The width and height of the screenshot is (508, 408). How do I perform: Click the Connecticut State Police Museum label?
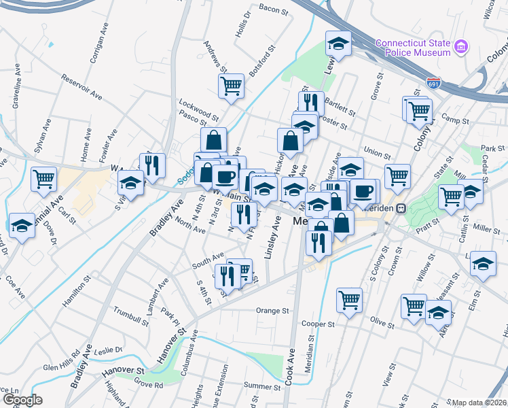[x=413, y=48]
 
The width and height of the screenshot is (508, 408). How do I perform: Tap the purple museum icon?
[x=461, y=47]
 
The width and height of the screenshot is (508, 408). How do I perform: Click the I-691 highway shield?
[x=433, y=83]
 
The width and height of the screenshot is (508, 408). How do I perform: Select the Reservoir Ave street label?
[x=81, y=88]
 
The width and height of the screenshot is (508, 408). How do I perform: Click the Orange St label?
[x=272, y=311]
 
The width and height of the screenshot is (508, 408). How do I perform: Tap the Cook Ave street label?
[x=290, y=368]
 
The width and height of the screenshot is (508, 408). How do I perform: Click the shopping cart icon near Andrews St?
[x=231, y=86]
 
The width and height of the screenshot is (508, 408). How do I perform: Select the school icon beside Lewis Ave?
[x=338, y=44]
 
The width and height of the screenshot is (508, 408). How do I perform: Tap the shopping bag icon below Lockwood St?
[x=213, y=140]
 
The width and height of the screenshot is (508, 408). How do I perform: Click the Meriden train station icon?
[x=401, y=208]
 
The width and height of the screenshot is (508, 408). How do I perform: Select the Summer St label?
[x=257, y=386]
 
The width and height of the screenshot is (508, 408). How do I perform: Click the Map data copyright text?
[x=479, y=403]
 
